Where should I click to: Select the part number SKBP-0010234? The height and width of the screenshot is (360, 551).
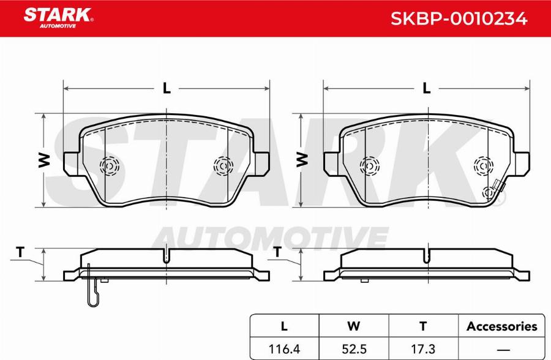click(459, 19)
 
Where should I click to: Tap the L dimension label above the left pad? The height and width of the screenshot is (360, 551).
click(166, 88)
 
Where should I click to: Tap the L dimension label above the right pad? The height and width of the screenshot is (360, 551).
click(427, 88)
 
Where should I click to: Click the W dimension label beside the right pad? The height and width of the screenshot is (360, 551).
click(302, 160)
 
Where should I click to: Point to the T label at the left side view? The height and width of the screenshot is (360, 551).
click(20, 252)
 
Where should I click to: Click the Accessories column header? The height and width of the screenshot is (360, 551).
click(501, 326)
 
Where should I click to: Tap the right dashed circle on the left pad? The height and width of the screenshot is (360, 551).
click(222, 165)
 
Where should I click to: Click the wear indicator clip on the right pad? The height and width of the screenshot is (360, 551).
click(493, 193)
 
